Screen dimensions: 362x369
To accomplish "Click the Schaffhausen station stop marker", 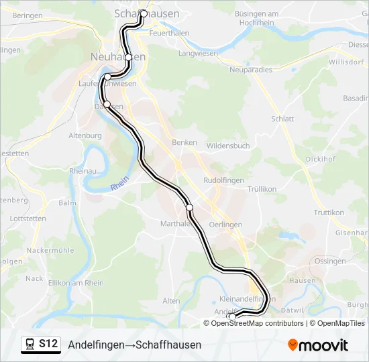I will [x=143, y=13].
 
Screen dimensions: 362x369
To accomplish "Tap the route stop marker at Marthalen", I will [x=190, y=208].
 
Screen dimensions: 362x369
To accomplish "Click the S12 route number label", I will [x=48, y=344].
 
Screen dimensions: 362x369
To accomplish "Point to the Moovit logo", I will [x=318, y=345].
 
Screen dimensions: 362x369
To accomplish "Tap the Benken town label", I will [x=184, y=142].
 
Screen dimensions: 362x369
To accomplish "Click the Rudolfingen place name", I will [x=224, y=180].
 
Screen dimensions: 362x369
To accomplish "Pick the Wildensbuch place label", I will [x=228, y=145].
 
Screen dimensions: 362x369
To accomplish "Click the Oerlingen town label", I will [x=225, y=225].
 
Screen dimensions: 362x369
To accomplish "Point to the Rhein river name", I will [x=119, y=182].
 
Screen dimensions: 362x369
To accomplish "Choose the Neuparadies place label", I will [x=251, y=69].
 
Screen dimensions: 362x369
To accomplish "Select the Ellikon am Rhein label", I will [x=76, y=283].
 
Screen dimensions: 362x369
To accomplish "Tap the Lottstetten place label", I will [x=28, y=219].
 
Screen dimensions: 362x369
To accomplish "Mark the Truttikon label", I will [x=329, y=213].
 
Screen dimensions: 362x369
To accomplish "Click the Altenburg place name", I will [x=85, y=135].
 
